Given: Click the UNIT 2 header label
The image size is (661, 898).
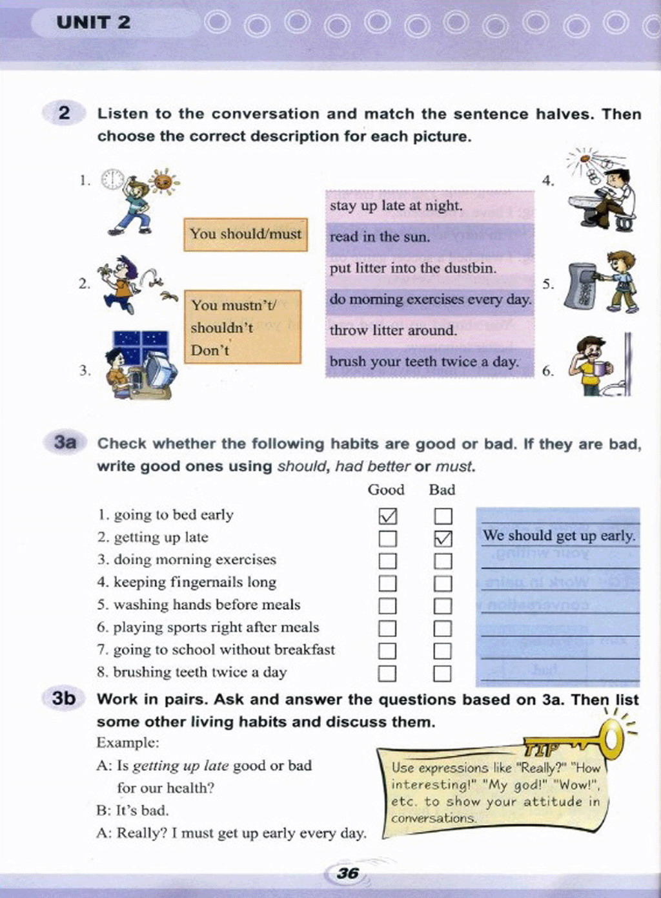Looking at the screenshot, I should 93,23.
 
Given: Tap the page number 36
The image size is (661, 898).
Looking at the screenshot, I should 347,873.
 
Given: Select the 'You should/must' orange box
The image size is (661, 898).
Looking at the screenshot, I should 246,234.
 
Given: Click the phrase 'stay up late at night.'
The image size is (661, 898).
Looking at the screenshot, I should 396,206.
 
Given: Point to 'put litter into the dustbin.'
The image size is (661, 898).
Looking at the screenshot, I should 413,268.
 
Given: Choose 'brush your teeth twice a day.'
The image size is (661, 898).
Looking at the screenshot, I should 424,362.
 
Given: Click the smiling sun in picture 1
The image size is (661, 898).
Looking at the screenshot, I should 163,182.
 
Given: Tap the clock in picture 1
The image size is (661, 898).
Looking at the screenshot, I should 114,179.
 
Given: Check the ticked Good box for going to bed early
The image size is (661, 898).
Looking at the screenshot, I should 388,516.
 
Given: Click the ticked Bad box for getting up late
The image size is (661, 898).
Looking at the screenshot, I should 443,538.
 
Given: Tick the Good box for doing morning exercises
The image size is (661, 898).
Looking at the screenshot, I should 388,561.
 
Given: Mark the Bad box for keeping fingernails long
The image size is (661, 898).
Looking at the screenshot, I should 443,583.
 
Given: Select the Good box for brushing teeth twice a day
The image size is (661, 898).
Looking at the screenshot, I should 387,673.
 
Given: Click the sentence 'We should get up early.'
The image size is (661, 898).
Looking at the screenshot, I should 559,536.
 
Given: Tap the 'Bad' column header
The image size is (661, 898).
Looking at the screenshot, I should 442,490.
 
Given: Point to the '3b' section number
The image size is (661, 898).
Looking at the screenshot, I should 64,698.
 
